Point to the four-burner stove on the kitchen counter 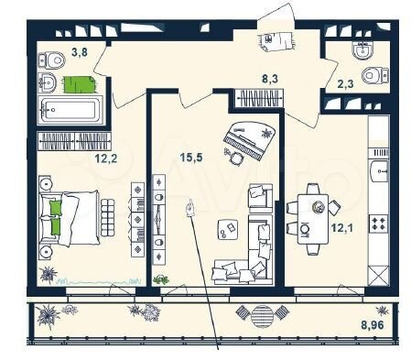pos(377,222)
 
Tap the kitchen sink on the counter pos(377,170)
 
